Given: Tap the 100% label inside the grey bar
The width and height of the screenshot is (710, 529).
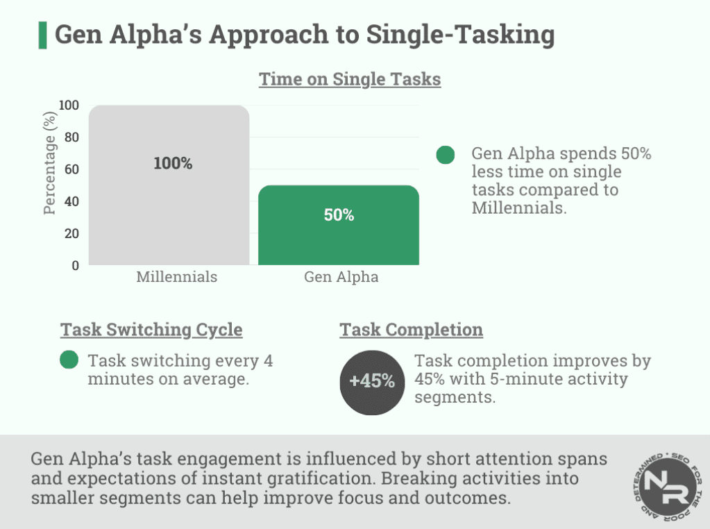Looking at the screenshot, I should point(173,164).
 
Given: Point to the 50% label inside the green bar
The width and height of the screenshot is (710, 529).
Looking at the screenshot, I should point(339,215).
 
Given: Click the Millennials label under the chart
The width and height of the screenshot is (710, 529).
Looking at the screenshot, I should point(176,277).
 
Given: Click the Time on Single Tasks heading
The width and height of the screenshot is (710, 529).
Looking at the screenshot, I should point(350,80).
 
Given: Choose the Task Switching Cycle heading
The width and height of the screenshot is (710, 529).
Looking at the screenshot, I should point(151,329).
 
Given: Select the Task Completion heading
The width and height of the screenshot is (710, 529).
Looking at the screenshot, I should point(411,329).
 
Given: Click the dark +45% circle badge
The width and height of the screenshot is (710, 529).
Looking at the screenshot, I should point(372,381).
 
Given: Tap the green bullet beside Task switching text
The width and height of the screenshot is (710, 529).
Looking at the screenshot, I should point(69,360).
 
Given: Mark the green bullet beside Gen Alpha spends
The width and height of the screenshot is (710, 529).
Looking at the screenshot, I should point(446,155).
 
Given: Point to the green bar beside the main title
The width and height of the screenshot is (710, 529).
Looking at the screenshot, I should point(42,35).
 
